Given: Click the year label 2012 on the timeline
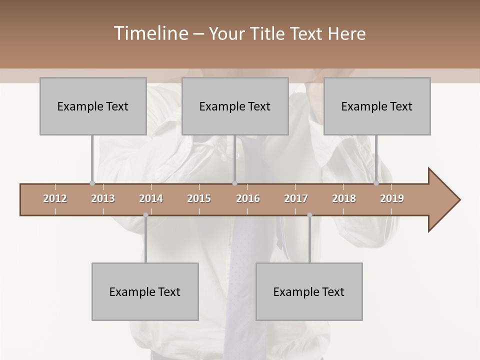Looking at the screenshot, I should tap(55, 198).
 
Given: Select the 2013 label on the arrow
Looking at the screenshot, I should tap(103, 198).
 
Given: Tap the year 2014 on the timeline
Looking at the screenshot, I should tap(151, 198).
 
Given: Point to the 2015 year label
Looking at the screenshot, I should tap(199, 198).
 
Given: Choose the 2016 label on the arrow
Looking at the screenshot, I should tap(248, 198).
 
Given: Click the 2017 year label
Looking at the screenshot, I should tap(296, 198).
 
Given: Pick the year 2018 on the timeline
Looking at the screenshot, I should tap(344, 198).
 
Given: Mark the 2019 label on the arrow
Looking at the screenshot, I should tap(392, 198).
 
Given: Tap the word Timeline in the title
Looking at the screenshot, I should tap(150, 33).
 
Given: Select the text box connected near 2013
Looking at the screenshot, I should tap(93, 106).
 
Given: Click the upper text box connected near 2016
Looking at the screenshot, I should tap(235, 106).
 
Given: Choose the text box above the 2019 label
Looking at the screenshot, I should tap(377, 106).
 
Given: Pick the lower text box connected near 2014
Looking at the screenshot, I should tap(145, 291).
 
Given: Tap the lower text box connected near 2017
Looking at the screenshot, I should tap(309, 291).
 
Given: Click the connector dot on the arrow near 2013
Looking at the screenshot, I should tap(92, 183).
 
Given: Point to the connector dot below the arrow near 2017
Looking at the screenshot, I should tap(309, 215).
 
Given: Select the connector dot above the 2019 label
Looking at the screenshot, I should tap(376, 183).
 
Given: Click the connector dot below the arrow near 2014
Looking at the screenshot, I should tap(145, 215).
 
